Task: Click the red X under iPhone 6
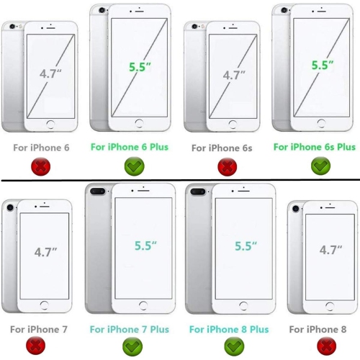tap(41, 166)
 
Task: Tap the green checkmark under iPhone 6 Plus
tap(135, 166)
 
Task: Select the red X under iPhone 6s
tap(228, 167)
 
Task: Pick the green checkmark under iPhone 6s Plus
tap(320, 166)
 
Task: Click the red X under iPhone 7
tap(35, 346)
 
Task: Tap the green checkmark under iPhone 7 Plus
tap(132, 346)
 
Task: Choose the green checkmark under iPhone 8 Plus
tap(234, 346)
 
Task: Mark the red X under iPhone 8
tap(327, 346)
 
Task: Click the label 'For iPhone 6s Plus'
tap(315, 147)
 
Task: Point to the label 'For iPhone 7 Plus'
tap(130, 329)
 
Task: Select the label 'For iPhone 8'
tap(318, 329)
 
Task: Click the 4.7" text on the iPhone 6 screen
tap(50, 73)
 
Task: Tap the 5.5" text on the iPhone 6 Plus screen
tap(140, 67)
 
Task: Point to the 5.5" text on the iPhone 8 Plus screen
tap(246, 246)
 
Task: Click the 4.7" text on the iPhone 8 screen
tap(330, 250)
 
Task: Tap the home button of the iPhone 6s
tap(233, 125)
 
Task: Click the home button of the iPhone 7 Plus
tap(143, 305)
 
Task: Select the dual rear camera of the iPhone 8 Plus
tap(198, 192)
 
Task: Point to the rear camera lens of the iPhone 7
tap(10, 207)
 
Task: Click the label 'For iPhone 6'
tap(41, 148)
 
